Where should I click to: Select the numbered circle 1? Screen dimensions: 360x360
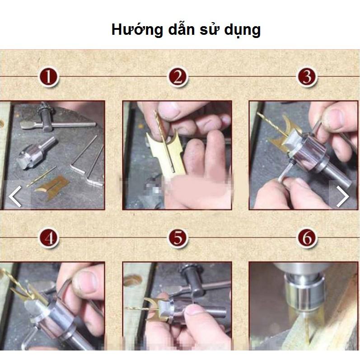pyautogui.click(x=49, y=77)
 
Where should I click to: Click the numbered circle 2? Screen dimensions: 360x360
pyautogui.click(x=178, y=77)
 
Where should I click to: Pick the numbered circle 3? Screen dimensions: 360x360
pyautogui.click(x=307, y=77)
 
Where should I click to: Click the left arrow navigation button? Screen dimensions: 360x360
pyautogui.click(x=15, y=196)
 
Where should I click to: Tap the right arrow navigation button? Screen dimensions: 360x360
pyautogui.click(x=343, y=196)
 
